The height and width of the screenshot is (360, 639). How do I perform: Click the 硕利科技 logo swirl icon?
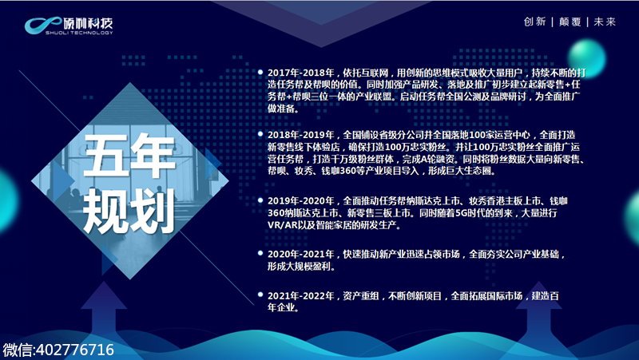tap(43, 25)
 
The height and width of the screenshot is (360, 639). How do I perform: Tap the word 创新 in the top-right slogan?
tap(534, 22)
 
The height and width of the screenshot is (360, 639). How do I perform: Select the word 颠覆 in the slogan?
tap(570, 22)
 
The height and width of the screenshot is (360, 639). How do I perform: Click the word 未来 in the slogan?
tap(605, 22)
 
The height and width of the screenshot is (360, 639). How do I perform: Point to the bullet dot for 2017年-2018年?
tap(260, 72)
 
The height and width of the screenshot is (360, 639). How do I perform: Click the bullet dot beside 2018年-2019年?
tap(260, 134)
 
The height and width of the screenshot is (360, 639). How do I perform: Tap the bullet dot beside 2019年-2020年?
tap(260, 200)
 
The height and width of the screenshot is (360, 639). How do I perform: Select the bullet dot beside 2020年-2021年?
tap(260, 253)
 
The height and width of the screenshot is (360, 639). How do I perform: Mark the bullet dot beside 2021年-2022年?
tap(260, 295)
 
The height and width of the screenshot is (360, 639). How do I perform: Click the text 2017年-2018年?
tap(301, 73)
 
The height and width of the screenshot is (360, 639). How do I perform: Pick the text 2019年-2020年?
tap(301, 201)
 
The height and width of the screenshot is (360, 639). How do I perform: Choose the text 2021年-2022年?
tap(301, 295)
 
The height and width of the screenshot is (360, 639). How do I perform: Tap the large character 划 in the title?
tap(153, 212)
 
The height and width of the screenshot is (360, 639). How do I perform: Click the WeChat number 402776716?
tap(75, 350)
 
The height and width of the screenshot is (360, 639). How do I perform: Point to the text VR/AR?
tap(282, 225)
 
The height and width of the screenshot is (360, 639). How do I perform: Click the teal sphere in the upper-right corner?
tap(586, 58)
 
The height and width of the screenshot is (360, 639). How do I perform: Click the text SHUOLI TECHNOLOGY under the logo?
tap(79, 33)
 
